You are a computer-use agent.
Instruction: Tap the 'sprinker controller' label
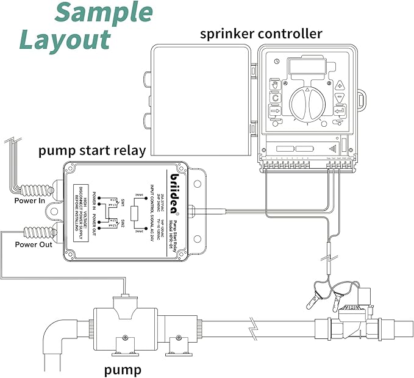coord(261,33)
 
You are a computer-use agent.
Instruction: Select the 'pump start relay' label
coord(92,150)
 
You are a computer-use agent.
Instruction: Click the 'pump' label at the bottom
coord(123,369)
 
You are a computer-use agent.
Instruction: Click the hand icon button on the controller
coord(276,84)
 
